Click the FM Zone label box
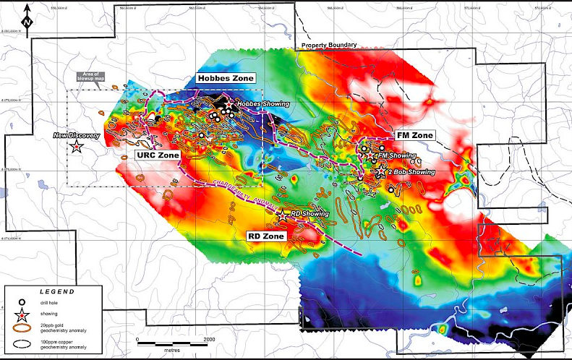(414, 135)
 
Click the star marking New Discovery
(77, 147)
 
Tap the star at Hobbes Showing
(229, 106)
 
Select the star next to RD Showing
(282, 215)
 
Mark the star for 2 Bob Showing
(380, 172)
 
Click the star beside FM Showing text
(370, 156)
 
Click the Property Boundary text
(329, 45)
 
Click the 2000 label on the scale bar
(209, 338)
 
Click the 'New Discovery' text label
(75, 135)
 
